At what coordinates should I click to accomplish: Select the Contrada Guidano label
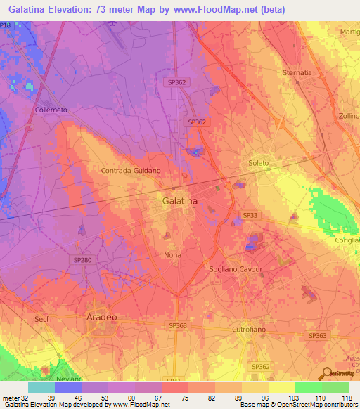[x=131, y=171]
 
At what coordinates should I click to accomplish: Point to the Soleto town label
[x=259, y=163]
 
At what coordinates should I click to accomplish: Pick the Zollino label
[x=349, y=115]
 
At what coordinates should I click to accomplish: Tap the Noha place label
[x=172, y=254]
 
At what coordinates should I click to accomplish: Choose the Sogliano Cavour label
[x=236, y=269]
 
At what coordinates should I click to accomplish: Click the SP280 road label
[x=82, y=259]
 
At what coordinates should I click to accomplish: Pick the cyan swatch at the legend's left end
[x=41, y=387]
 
